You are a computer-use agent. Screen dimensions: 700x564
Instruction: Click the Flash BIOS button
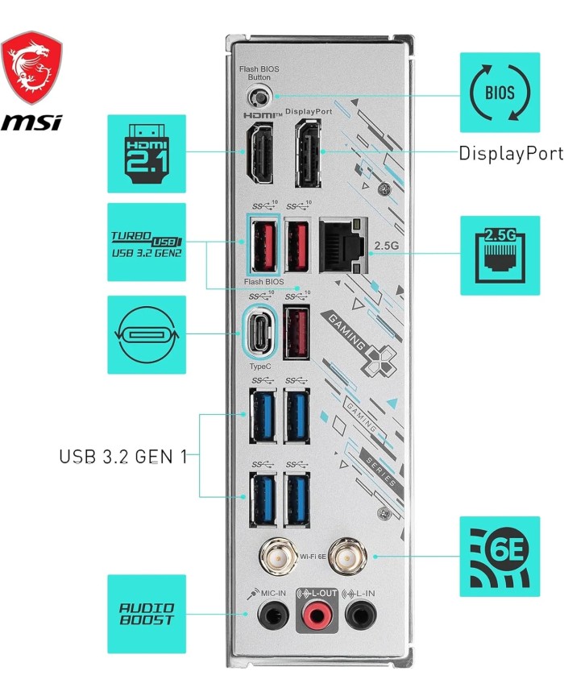pos(258,98)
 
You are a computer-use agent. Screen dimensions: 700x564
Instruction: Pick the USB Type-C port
pos(259,331)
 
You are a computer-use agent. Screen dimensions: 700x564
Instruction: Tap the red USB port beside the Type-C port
pos(297,332)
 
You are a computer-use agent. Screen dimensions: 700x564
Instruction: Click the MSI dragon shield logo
pos(31,68)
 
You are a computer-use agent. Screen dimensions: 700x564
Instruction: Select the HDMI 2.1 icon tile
pos(146,153)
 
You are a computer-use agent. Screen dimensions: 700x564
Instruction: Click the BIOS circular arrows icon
pos(500,92)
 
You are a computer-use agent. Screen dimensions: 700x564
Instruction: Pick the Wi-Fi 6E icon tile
pos(500,557)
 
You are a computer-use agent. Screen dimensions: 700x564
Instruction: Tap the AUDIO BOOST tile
pos(147,614)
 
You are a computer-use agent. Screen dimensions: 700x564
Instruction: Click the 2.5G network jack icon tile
pos(500,255)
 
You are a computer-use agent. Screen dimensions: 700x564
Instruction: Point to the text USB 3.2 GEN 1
pos(122,457)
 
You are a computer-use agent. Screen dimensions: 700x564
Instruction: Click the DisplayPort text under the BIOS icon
pos(510,153)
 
